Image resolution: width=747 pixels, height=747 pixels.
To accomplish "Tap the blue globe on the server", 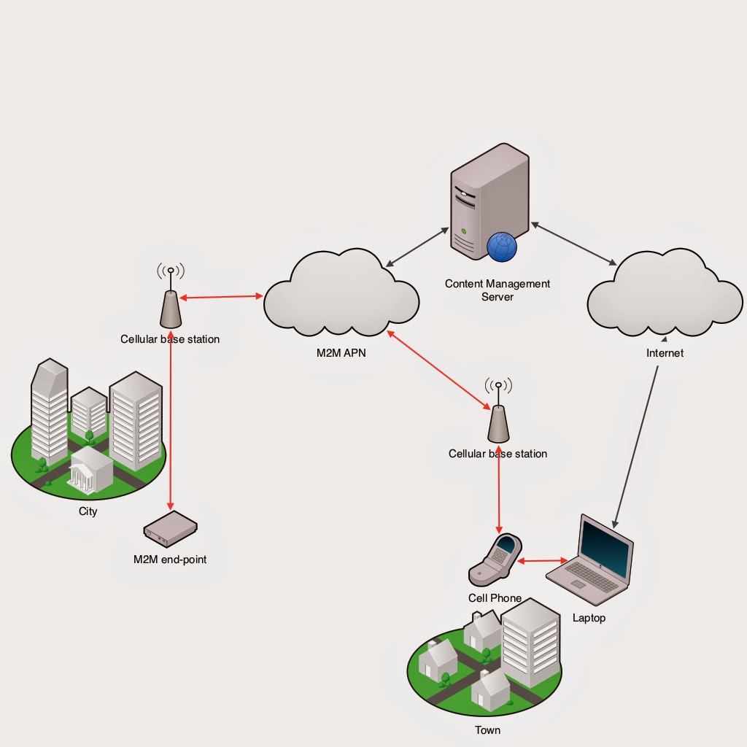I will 502,246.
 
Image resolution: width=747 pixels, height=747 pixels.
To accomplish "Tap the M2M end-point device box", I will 171,529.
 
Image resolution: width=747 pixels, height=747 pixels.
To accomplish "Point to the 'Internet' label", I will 665,353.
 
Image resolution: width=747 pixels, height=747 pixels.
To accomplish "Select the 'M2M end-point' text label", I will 170,560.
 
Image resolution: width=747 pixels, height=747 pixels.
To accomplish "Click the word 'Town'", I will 487,729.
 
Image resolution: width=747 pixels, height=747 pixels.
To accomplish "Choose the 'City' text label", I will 88,511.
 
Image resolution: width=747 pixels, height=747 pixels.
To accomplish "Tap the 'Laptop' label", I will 589,618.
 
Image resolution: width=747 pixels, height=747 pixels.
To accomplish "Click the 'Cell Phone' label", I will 495,598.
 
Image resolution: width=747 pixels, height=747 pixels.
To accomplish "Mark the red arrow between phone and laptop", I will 543,561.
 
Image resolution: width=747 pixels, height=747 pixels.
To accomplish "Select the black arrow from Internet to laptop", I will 637,446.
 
